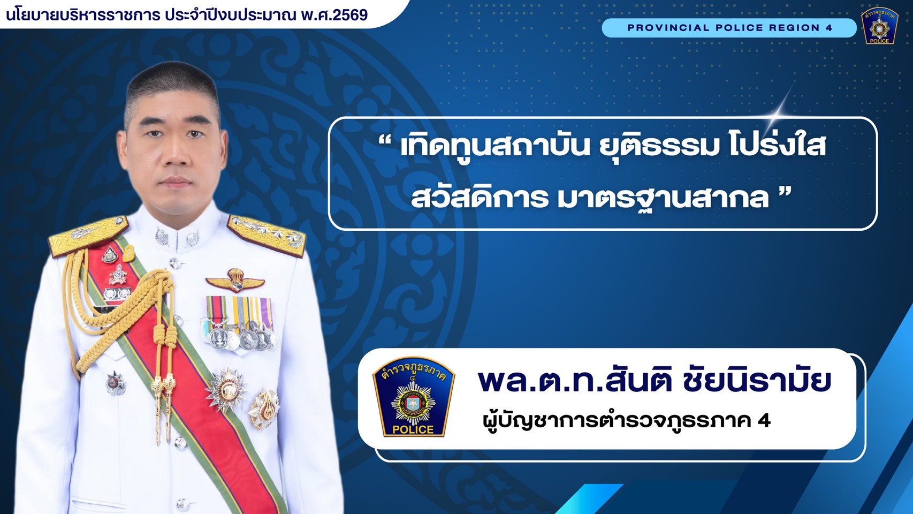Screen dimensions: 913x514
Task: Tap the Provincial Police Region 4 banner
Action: [729, 28]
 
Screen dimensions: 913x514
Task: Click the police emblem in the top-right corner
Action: [880, 25]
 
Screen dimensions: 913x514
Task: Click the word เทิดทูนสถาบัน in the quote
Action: [496, 147]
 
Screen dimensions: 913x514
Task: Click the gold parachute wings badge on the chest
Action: [235, 281]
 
